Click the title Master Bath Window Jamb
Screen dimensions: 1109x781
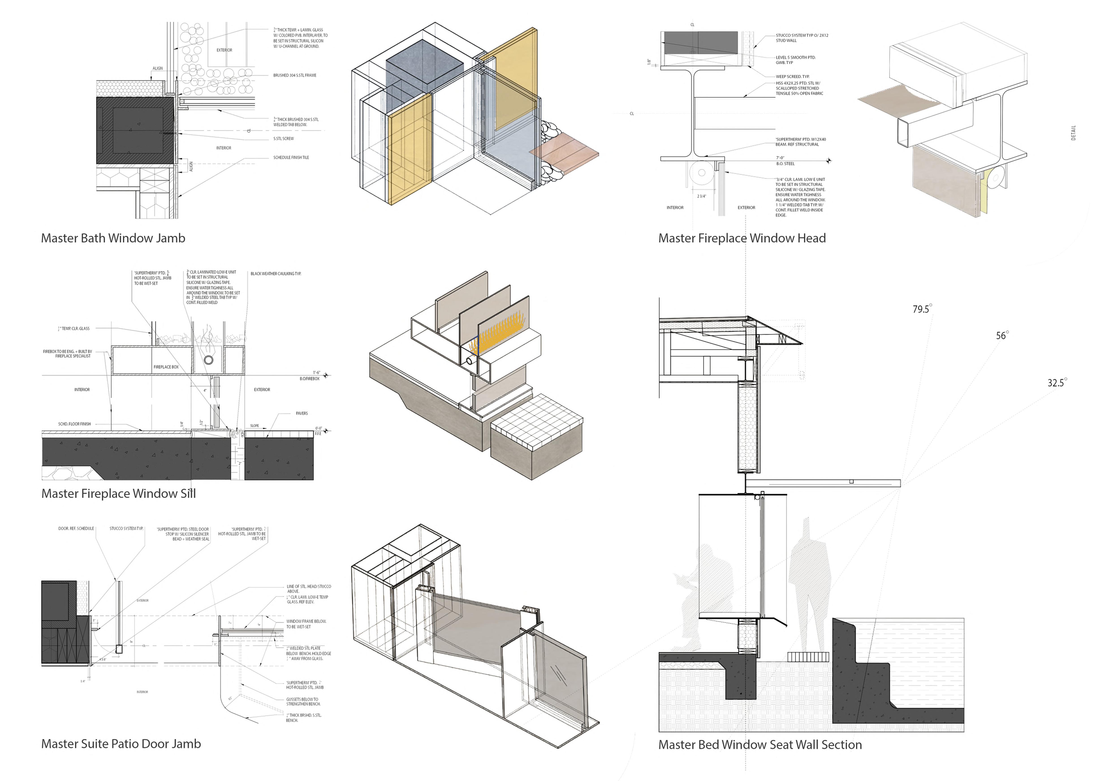click(x=113, y=238)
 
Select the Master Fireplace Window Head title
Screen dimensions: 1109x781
click(x=742, y=238)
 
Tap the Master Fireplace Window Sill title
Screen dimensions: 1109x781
click(x=118, y=494)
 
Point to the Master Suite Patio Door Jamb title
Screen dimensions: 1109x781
click(x=121, y=744)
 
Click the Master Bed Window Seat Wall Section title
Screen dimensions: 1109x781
click(x=760, y=745)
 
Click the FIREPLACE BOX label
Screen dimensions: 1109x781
click(x=166, y=367)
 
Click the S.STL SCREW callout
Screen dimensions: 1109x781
click(x=284, y=139)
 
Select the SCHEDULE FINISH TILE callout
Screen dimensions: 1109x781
click(x=291, y=157)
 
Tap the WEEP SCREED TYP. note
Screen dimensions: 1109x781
click(x=792, y=76)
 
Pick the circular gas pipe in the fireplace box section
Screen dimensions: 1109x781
click(x=209, y=360)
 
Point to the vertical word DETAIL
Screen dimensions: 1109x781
click(x=1073, y=133)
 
